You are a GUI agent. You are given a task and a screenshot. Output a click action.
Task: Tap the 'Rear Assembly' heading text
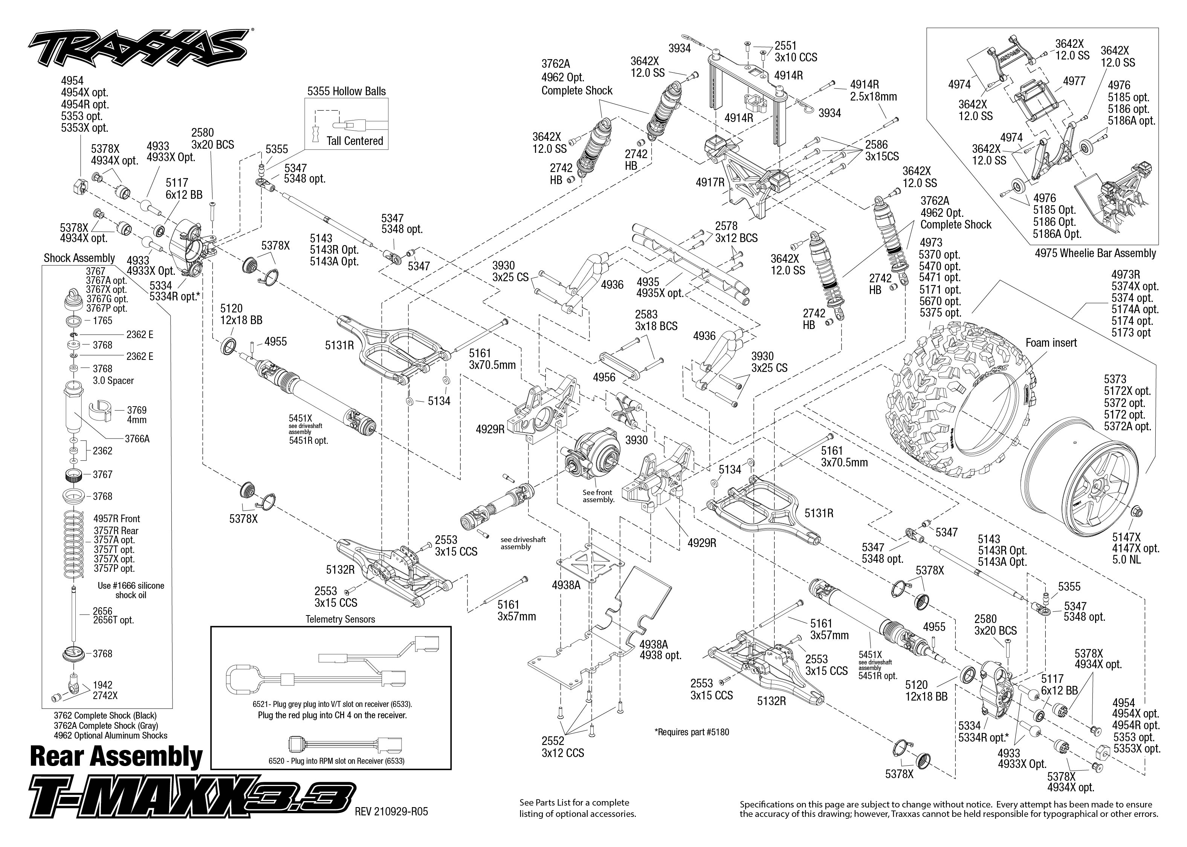pos(116,756)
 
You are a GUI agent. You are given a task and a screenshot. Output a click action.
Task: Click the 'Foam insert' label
pos(1051,343)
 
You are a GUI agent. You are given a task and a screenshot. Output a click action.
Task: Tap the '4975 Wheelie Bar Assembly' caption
pos(1095,253)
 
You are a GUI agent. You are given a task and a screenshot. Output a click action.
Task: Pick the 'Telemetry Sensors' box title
pos(340,619)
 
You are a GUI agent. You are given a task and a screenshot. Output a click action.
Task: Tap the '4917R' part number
pos(710,182)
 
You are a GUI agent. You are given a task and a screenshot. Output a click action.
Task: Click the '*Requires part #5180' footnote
pos(691,732)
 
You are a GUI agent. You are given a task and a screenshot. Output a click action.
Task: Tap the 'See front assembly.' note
pos(598,496)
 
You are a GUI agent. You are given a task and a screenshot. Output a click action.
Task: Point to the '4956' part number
pos(604,377)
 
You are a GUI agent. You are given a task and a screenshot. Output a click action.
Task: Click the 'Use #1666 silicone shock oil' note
pos(130,590)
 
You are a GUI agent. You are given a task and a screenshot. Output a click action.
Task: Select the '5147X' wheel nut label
pos(1126,537)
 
